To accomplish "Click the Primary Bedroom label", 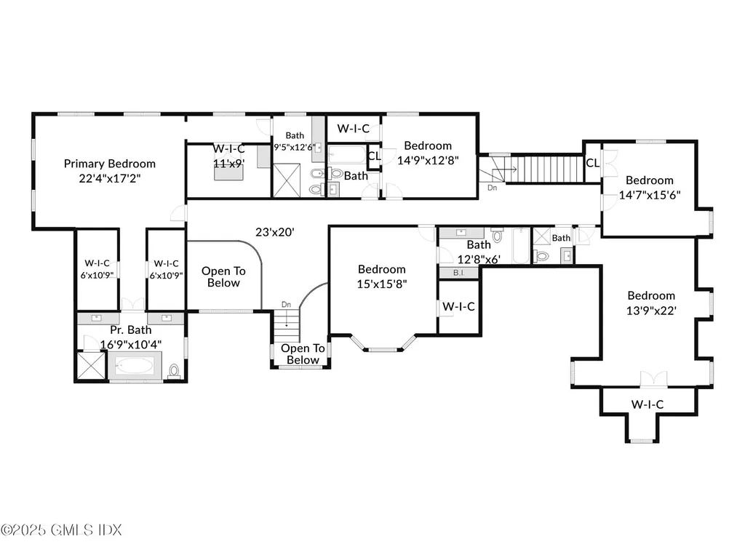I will pyautogui.click(x=109, y=164).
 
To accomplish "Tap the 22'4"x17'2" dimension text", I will pyautogui.click(x=109, y=177).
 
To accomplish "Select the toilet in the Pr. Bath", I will pyautogui.click(x=173, y=371).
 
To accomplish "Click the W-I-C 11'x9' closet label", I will pyautogui.click(x=228, y=156).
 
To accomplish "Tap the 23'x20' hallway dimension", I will pyautogui.click(x=274, y=233).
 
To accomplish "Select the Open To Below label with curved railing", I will pyautogui.click(x=223, y=276).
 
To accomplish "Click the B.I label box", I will pyautogui.click(x=458, y=273).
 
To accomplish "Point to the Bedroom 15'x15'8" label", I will pyautogui.click(x=382, y=276).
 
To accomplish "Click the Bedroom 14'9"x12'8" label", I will pyautogui.click(x=428, y=153).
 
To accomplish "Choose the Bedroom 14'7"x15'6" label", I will pyautogui.click(x=650, y=188).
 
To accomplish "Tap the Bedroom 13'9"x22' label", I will pyautogui.click(x=651, y=303).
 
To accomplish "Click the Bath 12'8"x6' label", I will pyautogui.click(x=479, y=251).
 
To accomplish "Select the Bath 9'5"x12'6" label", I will pyautogui.click(x=295, y=140).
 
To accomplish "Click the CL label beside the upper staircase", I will pyautogui.click(x=592, y=163).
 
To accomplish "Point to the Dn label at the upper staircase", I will pyautogui.click(x=492, y=187).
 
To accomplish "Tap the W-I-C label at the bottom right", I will pyautogui.click(x=647, y=404).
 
